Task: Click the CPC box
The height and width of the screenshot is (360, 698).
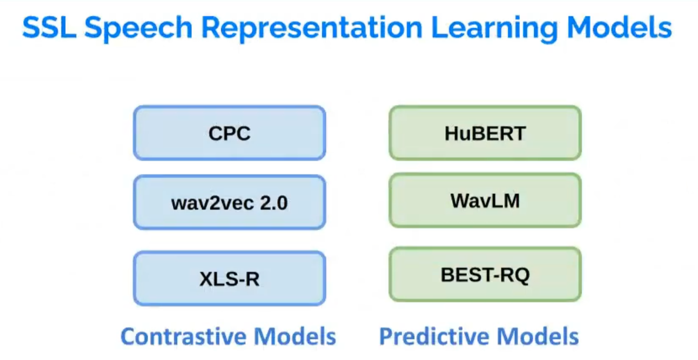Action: pyautogui.click(x=229, y=133)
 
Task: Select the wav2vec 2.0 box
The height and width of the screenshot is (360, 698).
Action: pyautogui.click(x=229, y=203)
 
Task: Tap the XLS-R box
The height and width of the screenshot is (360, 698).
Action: pyautogui.click(x=229, y=278)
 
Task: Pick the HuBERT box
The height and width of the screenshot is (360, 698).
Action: pyautogui.click(x=485, y=133)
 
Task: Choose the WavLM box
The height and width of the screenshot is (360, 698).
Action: pyautogui.click(x=485, y=201)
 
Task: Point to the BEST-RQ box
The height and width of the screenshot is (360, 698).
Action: pyautogui.click(x=485, y=274)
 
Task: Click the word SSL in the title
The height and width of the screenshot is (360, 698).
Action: pyautogui.click(x=49, y=28)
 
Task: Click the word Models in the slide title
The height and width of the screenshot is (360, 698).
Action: pyautogui.click(x=619, y=28)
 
